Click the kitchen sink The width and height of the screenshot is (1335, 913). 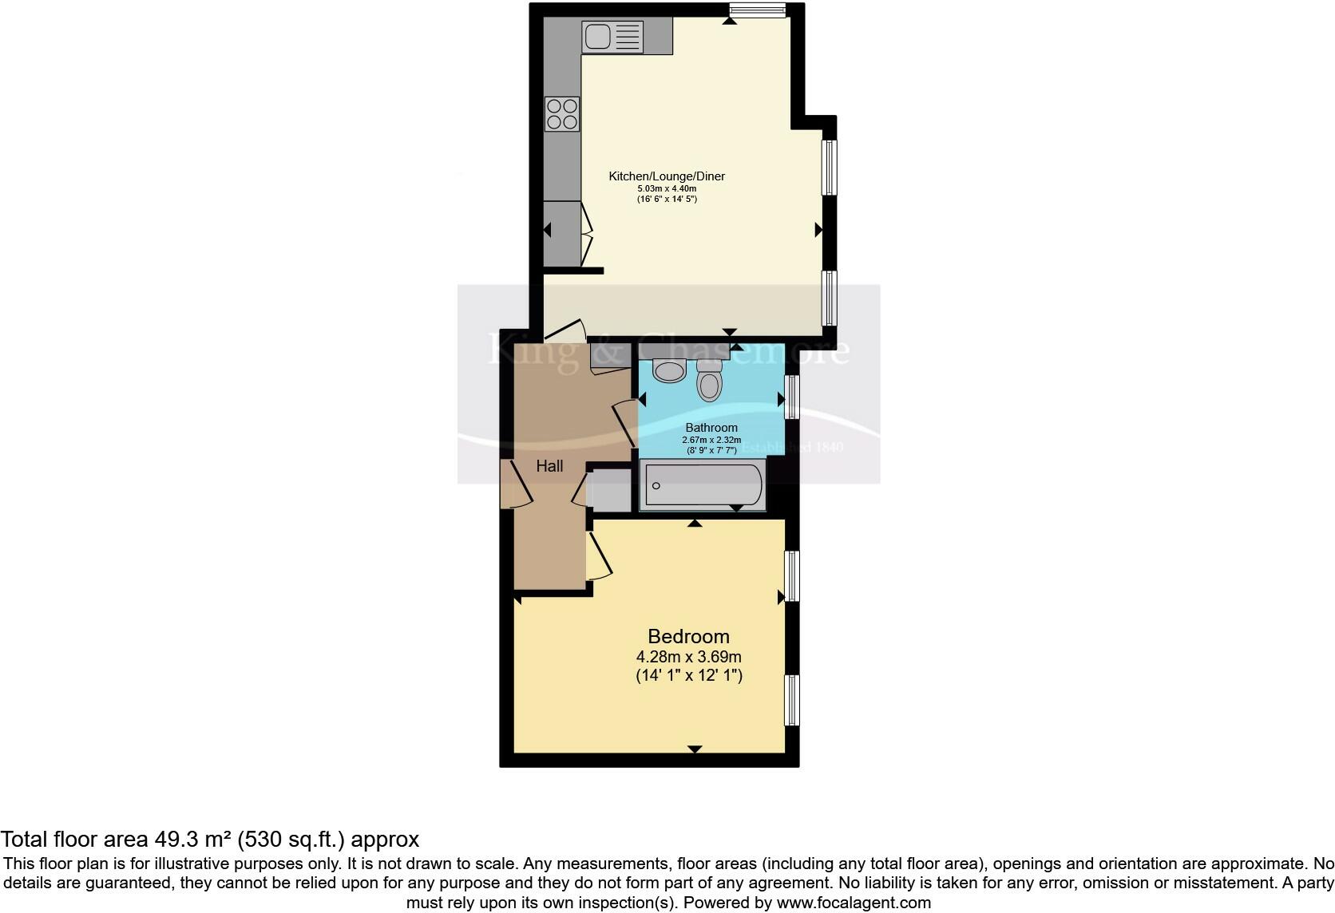[612, 37]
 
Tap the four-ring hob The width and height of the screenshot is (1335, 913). [562, 113]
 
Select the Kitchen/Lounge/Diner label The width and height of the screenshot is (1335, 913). [667, 176]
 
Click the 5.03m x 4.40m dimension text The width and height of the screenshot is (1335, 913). [667, 188]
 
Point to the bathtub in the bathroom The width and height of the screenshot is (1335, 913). [703, 484]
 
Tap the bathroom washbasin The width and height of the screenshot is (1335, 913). [669, 370]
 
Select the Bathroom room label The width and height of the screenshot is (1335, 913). [711, 428]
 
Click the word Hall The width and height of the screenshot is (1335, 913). [549, 466]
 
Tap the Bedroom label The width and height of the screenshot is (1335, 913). [688, 636]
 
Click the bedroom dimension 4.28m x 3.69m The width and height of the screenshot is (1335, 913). [688, 657]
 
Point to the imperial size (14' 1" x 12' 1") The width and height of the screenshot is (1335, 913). [688, 675]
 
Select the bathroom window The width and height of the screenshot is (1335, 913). [791, 397]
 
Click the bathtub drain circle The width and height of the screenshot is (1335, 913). [656, 485]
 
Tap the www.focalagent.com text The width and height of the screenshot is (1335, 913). [854, 903]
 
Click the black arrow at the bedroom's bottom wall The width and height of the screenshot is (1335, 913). [695, 749]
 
